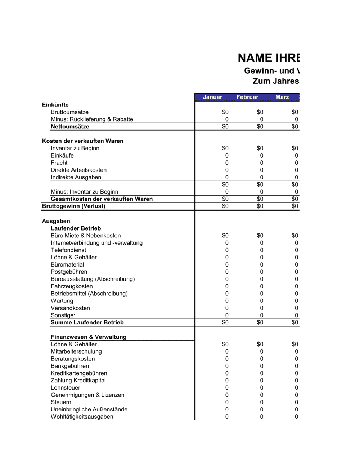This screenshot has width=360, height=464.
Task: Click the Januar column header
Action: [x=212, y=97]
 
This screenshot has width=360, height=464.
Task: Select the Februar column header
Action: [x=247, y=97]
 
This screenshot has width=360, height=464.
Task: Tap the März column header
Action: [x=282, y=97]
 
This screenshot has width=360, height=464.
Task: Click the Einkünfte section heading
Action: [x=55, y=105]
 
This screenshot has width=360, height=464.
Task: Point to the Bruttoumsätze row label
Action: [x=69, y=112]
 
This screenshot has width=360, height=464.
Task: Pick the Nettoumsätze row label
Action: [x=70, y=127]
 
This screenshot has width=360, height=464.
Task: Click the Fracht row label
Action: [x=59, y=163]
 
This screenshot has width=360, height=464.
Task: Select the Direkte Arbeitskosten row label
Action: [x=78, y=170]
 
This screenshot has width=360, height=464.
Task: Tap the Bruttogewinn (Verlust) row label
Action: [x=73, y=206]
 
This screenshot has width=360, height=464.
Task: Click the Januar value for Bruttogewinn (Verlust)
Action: [x=225, y=206]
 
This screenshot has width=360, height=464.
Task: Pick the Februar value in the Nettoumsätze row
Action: [x=260, y=127]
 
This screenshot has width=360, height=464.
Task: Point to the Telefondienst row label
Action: [x=68, y=250]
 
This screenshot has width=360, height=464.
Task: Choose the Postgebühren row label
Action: [x=69, y=272]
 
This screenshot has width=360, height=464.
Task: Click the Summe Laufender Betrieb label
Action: [x=87, y=323]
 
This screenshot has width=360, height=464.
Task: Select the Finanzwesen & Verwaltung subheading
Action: [x=89, y=337]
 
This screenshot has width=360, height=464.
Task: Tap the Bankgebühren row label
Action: [x=70, y=366]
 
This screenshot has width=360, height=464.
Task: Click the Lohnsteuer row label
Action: [x=66, y=388]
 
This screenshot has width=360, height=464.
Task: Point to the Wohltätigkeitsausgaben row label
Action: [x=82, y=417]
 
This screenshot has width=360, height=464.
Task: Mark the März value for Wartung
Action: [x=296, y=301]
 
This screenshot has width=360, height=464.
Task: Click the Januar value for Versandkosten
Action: [x=227, y=308]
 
